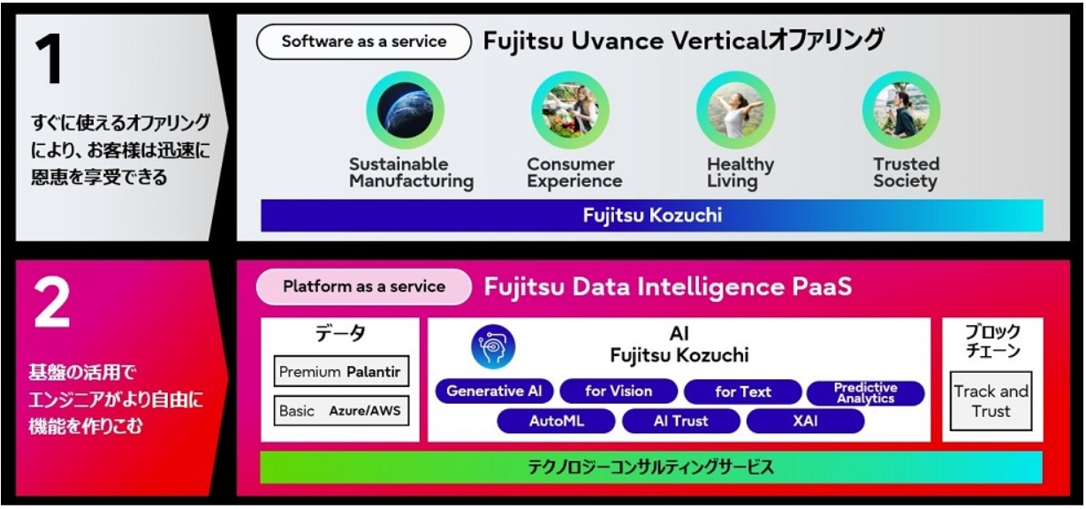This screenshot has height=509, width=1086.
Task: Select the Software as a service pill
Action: (363, 42)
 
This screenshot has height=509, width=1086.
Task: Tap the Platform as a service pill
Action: (363, 287)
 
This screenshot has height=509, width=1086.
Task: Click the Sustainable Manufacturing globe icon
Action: (406, 110)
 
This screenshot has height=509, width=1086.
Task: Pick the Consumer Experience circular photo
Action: (570, 110)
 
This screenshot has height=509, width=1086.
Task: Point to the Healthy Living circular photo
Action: (735, 110)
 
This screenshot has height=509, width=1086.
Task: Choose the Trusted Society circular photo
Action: (901, 110)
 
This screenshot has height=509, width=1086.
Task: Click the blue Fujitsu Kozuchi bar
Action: (651, 216)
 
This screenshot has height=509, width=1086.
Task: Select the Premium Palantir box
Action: (340, 372)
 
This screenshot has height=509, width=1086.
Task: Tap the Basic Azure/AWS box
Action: (340, 411)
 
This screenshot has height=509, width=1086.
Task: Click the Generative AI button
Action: (494, 391)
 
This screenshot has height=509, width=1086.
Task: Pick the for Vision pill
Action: (619, 391)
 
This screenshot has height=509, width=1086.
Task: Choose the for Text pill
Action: (742, 391)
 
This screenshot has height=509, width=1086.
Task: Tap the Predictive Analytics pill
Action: (866, 392)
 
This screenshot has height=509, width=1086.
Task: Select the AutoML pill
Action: (557, 422)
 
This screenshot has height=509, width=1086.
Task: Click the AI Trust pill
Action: (680, 422)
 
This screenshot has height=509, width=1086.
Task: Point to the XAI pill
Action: (805, 422)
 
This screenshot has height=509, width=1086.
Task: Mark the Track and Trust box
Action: (991, 401)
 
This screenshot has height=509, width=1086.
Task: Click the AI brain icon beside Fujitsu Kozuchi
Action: (493, 346)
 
